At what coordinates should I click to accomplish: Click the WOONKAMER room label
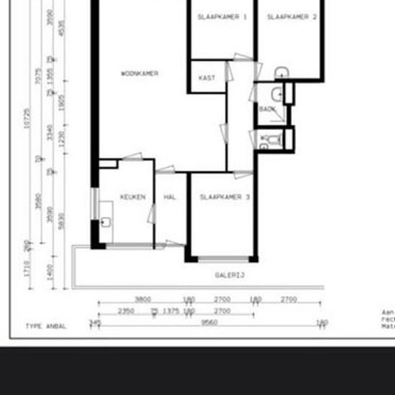(x=139, y=73)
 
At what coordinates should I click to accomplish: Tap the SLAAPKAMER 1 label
(x=222, y=17)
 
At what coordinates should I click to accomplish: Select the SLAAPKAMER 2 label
(x=292, y=17)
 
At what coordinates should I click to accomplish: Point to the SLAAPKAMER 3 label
(x=225, y=197)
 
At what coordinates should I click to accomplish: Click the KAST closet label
(x=206, y=78)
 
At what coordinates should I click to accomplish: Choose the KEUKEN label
(x=133, y=197)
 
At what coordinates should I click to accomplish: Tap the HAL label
(x=170, y=197)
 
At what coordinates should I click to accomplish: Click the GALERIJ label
(x=231, y=275)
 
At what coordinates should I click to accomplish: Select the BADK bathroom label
(x=267, y=109)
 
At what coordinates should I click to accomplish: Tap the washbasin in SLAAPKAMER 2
(x=282, y=72)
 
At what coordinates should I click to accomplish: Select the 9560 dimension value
(x=210, y=322)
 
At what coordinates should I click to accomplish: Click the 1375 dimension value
(x=170, y=311)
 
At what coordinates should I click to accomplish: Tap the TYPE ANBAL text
(x=45, y=326)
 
